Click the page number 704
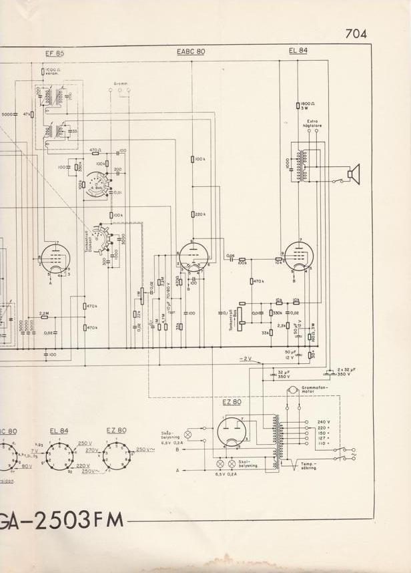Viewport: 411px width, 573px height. point(356,34)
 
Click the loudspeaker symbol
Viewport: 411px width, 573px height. point(353,174)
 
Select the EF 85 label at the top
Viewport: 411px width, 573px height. point(55,53)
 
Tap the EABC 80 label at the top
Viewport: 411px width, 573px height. point(191,51)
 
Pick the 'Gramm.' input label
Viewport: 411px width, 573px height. point(121,83)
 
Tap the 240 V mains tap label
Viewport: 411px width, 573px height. point(323,423)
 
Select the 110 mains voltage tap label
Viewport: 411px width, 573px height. point(323,443)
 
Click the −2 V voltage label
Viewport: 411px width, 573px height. point(245,359)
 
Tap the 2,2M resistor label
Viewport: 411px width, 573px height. point(44,313)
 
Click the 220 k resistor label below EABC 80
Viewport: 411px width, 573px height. point(198,214)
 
